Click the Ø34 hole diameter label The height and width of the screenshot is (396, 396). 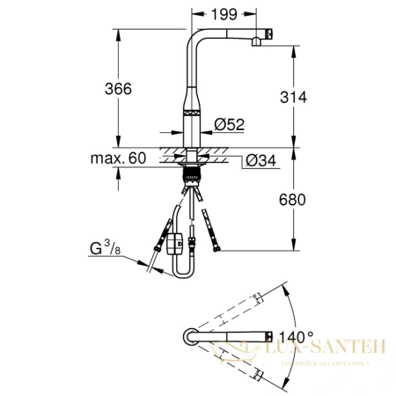click(261, 159)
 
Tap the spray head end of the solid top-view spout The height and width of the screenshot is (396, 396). click(263, 336)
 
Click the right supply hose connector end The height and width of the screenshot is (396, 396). click(208, 216)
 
